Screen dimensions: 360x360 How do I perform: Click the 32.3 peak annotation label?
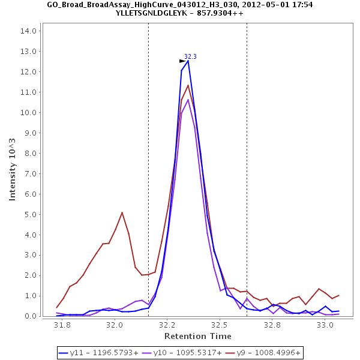[190, 56]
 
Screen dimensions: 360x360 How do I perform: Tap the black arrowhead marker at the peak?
[182, 61]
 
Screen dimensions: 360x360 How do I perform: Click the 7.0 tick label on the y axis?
[30, 173]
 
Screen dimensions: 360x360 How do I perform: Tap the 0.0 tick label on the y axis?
[30, 316]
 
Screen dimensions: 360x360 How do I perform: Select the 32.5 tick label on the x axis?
[220, 325]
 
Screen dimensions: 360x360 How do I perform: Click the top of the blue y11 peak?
[188, 61]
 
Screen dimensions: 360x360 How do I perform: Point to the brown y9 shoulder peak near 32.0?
[122, 212]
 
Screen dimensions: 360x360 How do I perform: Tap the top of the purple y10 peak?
[188, 99]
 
